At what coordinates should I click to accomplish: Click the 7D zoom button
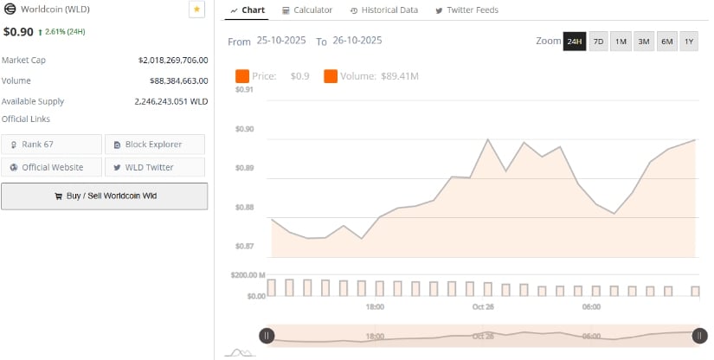pyautogui.click(x=598, y=42)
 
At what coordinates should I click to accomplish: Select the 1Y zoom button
pyautogui.click(x=689, y=42)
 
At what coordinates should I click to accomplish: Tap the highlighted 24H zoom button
pyautogui.click(x=575, y=42)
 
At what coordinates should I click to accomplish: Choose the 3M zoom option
pyautogui.click(x=644, y=42)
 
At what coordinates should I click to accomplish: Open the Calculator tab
pyautogui.click(x=307, y=10)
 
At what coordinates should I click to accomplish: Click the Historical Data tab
pyautogui.click(x=384, y=10)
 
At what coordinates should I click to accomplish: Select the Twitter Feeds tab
pyautogui.click(x=466, y=10)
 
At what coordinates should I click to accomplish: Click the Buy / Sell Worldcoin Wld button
pyautogui.click(x=104, y=196)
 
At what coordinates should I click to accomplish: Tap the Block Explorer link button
pyautogui.click(x=155, y=145)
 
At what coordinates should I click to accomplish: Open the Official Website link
pyautogui.click(x=52, y=167)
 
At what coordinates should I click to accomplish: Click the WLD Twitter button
pyautogui.click(x=155, y=167)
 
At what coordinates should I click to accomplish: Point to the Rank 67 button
pyautogui.click(x=52, y=145)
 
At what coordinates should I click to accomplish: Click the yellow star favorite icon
pyautogui.click(x=196, y=10)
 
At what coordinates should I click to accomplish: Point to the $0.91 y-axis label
pyautogui.click(x=244, y=89)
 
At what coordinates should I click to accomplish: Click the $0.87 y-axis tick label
pyautogui.click(x=244, y=247)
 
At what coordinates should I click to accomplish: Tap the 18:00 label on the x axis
pyautogui.click(x=375, y=307)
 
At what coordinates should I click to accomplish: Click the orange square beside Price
pyautogui.click(x=242, y=76)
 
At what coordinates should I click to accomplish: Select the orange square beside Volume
pyautogui.click(x=331, y=76)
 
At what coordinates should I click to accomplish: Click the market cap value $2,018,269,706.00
pyautogui.click(x=173, y=61)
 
